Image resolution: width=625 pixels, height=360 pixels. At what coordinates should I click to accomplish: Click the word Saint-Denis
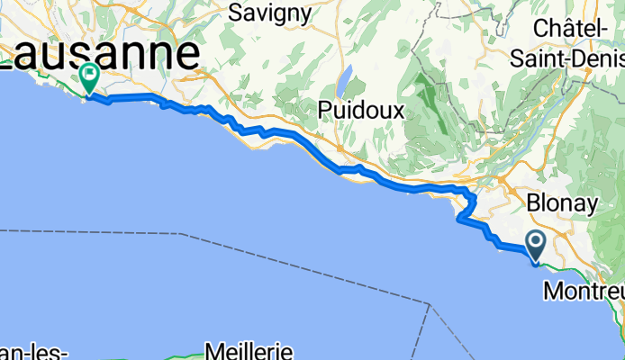pyautogui.click(x=567, y=58)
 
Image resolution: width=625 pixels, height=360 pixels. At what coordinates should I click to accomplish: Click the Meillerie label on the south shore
pyautogui.click(x=246, y=349)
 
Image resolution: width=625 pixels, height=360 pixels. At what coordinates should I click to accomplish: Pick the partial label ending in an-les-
pyautogui.click(x=34, y=352)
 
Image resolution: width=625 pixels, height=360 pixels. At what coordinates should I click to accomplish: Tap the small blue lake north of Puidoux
pyautogui.click(x=345, y=82)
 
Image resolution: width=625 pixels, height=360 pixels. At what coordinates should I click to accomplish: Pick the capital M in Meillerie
pyautogui.click(x=214, y=349)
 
